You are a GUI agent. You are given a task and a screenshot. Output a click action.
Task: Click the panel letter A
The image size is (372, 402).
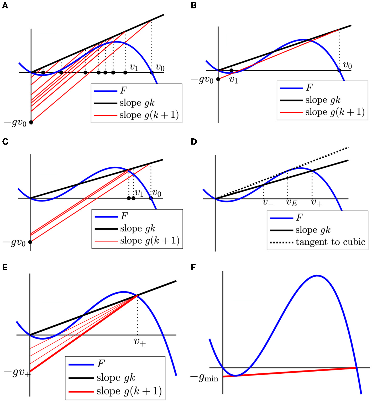5,6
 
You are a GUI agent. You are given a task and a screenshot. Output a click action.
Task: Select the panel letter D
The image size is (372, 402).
193,142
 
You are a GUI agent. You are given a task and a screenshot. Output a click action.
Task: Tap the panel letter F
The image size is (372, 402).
193,267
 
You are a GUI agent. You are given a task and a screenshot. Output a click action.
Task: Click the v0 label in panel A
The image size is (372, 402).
160,68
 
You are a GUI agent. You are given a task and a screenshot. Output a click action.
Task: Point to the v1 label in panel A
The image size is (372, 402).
134,67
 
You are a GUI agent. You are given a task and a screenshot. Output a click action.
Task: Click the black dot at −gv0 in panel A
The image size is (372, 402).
31,122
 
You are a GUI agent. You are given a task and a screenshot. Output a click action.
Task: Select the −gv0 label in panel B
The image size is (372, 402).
202,80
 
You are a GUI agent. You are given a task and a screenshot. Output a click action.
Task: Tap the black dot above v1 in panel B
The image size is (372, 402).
231,70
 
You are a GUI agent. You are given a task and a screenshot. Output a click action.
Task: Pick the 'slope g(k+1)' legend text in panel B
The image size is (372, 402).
335,112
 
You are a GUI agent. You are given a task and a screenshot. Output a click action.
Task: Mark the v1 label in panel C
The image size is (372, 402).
139,193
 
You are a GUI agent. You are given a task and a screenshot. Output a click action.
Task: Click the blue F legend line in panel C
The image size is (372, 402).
106,217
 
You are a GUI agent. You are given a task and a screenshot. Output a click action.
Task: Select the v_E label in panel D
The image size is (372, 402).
292,202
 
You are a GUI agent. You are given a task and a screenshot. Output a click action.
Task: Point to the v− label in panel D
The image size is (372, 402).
268,202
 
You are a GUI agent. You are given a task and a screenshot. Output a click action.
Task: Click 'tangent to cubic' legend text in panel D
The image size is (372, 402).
330,242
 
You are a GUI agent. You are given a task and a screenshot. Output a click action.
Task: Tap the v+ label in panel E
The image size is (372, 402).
140,342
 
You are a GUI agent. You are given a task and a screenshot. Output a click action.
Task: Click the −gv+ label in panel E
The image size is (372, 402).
17,372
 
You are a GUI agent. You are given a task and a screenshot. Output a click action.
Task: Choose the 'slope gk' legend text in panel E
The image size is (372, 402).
116,378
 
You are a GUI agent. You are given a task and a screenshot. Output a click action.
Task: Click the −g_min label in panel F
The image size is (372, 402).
204,378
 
